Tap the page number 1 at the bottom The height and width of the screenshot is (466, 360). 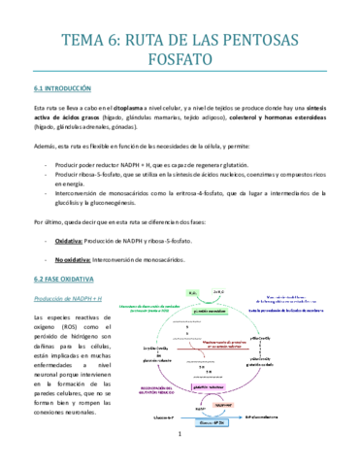click(x=180, y=448)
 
